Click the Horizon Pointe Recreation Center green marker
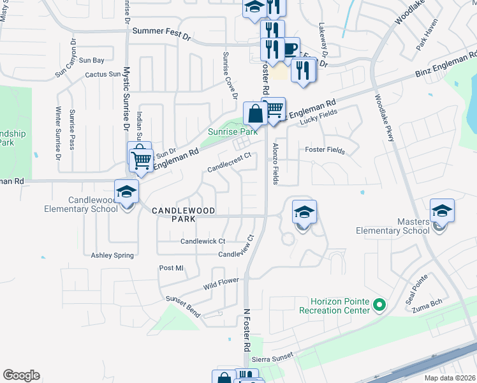pyautogui.click(x=380, y=305)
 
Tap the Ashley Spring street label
pyautogui.click(x=112, y=255)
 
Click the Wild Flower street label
pyautogui.click(x=221, y=282)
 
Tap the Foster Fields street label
pyautogui.click(x=325, y=151)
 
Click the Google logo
pyautogui.click(x=21, y=375)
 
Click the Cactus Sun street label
pyautogui.click(x=102, y=75)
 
